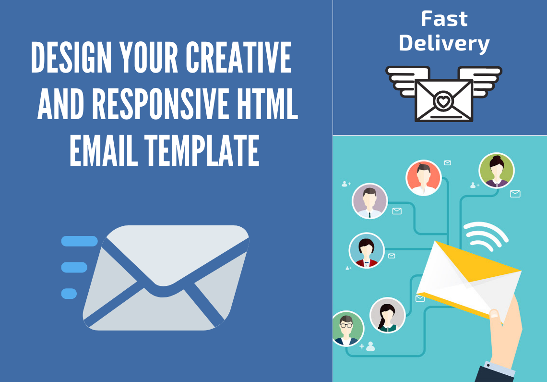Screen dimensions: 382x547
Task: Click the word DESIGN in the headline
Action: (x=71, y=58)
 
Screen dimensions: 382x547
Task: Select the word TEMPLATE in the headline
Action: (x=202, y=150)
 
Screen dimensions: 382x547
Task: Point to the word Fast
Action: (x=444, y=19)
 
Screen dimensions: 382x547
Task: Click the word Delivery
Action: (x=444, y=43)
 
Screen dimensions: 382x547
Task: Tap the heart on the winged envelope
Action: (x=443, y=101)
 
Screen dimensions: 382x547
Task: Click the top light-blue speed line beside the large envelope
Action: (x=79, y=241)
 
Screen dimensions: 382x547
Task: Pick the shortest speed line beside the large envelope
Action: (x=69, y=293)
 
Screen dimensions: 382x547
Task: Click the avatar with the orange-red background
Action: (x=423, y=177)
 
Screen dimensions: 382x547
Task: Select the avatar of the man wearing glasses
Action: (x=347, y=328)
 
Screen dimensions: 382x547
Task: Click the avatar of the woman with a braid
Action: (x=387, y=315)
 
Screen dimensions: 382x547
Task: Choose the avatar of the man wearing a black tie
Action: (x=369, y=201)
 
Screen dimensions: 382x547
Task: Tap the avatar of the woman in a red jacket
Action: (x=367, y=250)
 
